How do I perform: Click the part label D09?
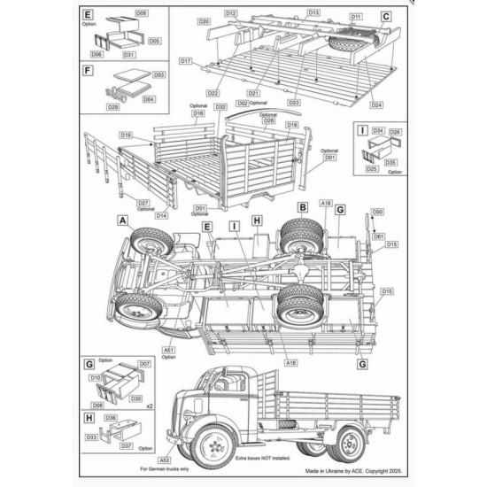coord(142,14)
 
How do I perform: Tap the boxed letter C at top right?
coord(386,16)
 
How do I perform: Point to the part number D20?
coord(204,20)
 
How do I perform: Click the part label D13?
coord(313,13)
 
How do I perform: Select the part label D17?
coord(185,61)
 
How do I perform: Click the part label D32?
coord(220,107)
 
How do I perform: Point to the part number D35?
coord(390,162)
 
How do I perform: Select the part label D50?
coord(377,213)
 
